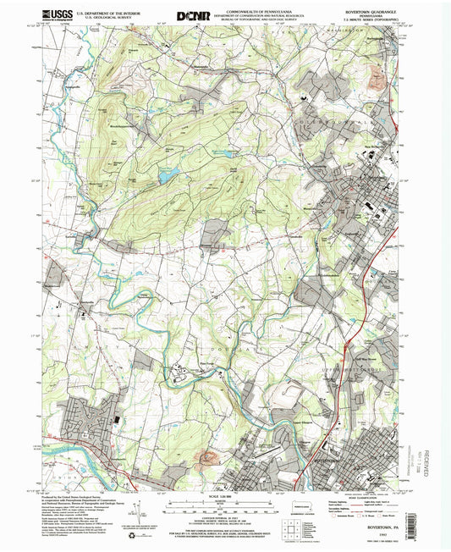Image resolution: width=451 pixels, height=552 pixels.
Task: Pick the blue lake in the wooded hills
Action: tap(167, 174)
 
